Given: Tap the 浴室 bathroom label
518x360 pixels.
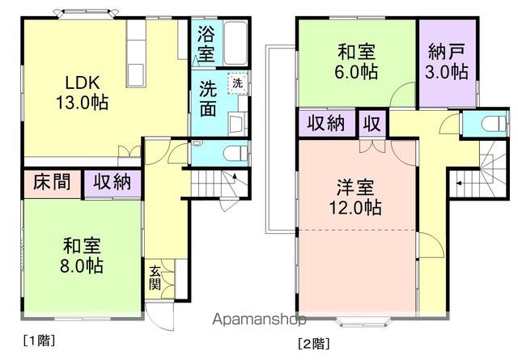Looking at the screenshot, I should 206,44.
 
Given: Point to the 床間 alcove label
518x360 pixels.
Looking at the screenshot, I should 51,182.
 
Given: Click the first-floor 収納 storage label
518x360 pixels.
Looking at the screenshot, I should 112,182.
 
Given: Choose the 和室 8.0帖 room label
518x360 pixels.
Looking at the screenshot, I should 83,252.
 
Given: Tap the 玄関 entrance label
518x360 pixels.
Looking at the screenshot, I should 155,278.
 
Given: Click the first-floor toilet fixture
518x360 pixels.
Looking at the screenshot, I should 235,153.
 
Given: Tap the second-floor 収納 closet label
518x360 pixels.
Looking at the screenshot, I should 326,125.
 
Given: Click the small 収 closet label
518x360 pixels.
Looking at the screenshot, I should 372,125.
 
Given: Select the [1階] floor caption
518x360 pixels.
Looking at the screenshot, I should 37,340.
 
